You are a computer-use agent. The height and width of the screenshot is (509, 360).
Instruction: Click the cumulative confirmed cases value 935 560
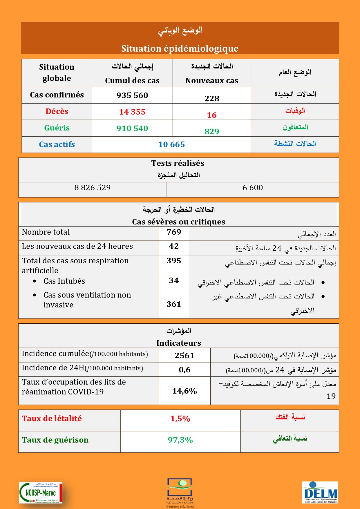132,95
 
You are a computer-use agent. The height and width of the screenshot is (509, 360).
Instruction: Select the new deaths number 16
212,115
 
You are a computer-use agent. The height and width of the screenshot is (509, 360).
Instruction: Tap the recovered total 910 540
132,128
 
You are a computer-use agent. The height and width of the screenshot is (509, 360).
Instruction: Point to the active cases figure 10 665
171,144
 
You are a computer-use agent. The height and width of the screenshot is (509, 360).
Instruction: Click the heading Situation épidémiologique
180,48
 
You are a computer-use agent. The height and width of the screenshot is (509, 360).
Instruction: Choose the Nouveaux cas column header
212,81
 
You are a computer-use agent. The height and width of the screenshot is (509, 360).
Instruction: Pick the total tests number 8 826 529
93,188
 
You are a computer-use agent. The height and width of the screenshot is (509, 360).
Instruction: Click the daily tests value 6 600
253,188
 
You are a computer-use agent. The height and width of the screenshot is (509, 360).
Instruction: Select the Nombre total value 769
174,232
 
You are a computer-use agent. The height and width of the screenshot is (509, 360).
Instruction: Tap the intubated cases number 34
174,280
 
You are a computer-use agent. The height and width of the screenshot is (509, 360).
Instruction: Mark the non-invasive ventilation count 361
174,304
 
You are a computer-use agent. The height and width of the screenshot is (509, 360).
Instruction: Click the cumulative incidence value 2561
184,356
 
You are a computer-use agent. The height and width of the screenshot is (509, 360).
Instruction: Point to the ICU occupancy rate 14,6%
184,391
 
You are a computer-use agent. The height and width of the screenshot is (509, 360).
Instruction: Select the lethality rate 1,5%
180,419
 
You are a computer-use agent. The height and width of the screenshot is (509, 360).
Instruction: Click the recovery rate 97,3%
180,440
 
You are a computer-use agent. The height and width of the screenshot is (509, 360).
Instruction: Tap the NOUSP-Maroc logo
41,492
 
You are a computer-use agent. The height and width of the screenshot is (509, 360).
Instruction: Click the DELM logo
320,492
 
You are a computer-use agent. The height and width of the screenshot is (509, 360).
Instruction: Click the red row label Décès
57,111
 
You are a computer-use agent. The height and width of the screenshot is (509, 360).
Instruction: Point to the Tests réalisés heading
178,163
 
